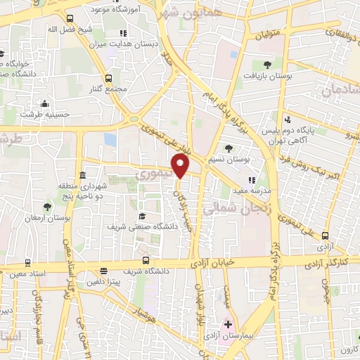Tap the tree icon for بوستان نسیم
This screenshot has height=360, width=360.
(230, 148)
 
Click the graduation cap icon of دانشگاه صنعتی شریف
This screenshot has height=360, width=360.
(143, 216)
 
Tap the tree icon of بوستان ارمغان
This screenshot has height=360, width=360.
(47, 207)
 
